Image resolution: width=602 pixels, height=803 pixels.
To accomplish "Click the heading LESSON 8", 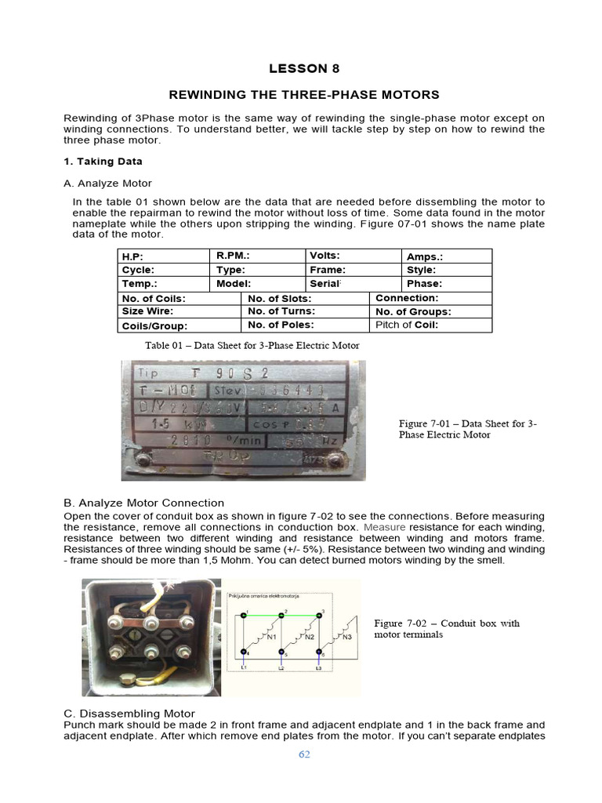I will (304, 68).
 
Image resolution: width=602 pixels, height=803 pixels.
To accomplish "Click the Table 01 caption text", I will (252, 345).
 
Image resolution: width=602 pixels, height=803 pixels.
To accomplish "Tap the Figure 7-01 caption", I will (467, 429).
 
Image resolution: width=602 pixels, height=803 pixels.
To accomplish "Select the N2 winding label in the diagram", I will (309, 638).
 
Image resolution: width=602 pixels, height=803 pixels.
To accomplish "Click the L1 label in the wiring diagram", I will (243, 667).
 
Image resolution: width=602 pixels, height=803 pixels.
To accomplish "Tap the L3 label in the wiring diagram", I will (318, 667).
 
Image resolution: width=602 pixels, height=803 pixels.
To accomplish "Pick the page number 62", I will (304, 754).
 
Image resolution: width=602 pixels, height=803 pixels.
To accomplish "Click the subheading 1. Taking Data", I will (103, 162).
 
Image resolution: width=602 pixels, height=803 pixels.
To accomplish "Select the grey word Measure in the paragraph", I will (383, 528).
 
